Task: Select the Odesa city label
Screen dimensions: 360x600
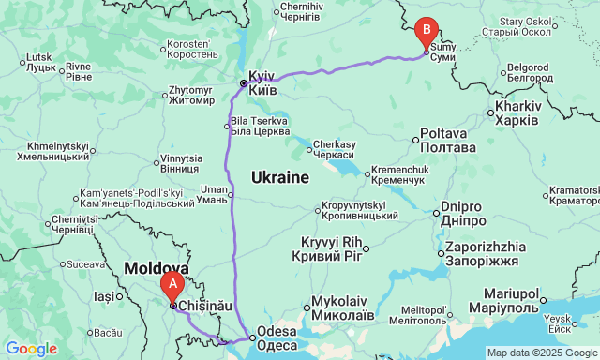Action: [x=277, y=337]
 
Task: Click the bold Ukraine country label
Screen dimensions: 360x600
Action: [x=280, y=177]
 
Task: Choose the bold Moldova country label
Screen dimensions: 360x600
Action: [x=156, y=269]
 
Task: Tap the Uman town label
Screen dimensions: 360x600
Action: [x=214, y=194]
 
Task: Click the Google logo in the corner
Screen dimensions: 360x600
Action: [x=30, y=349]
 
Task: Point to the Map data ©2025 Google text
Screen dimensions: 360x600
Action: [x=540, y=352]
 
